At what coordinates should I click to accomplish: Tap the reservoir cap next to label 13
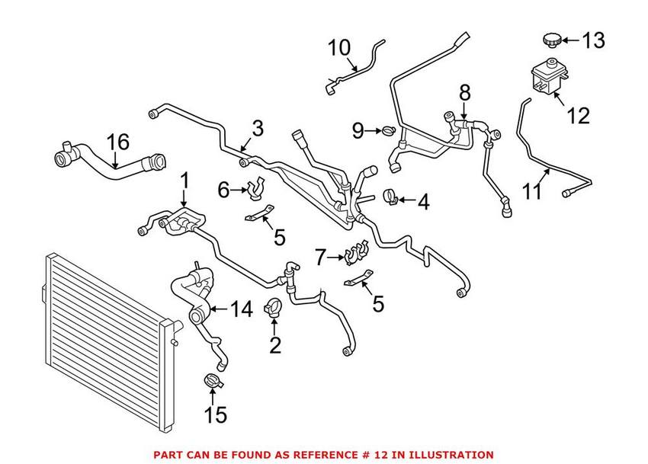point(550,39)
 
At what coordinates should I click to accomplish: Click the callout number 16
point(117,142)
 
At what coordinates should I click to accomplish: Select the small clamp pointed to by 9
point(388,132)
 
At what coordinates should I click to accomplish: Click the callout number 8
point(464,94)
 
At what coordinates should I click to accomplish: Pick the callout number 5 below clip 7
point(379,305)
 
